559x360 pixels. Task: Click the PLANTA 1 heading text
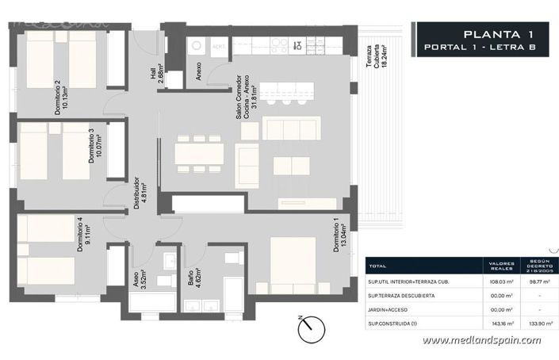click(497, 33)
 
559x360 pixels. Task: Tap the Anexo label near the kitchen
click(198, 73)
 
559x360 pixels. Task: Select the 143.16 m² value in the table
click(500, 324)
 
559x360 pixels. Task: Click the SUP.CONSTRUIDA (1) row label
click(396, 324)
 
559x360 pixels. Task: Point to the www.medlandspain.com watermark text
click(481, 341)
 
